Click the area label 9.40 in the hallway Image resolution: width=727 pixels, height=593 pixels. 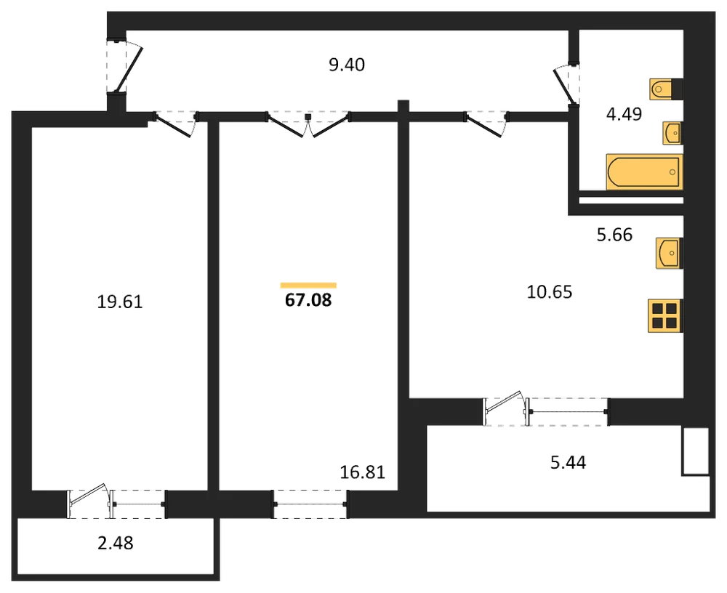pyautogui.click(x=347, y=65)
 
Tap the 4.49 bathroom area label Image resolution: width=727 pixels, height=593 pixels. pyautogui.click(x=624, y=113)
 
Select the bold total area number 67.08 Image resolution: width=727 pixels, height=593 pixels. pyautogui.click(x=308, y=300)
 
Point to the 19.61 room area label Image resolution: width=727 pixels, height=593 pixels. pyautogui.click(x=120, y=302)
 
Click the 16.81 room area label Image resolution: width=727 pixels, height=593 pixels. pyautogui.click(x=363, y=472)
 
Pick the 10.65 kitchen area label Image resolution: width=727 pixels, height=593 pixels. pyautogui.click(x=550, y=292)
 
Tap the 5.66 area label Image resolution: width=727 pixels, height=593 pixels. pyautogui.click(x=614, y=235)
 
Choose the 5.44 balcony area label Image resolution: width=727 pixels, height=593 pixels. pyautogui.click(x=568, y=462)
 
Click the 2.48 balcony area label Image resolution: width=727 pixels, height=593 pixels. pyautogui.click(x=116, y=542)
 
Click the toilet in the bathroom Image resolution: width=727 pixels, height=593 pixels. pyautogui.click(x=667, y=89)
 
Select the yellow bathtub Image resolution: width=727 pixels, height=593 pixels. pyautogui.click(x=644, y=172)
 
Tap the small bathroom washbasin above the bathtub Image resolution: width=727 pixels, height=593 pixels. pyautogui.click(x=672, y=134)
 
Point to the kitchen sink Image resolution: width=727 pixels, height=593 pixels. pyautogui.click(x=669, y=253)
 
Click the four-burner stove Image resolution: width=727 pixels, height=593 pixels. pyautogui.click(x=665, y=315)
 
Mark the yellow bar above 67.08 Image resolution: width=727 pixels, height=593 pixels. pyautogui.click(x=308, y=286)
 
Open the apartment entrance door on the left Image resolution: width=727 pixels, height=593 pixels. pyautogui.click(x=128, y=68)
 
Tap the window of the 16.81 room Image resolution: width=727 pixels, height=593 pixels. pyautogui.click(x=310, y=504)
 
